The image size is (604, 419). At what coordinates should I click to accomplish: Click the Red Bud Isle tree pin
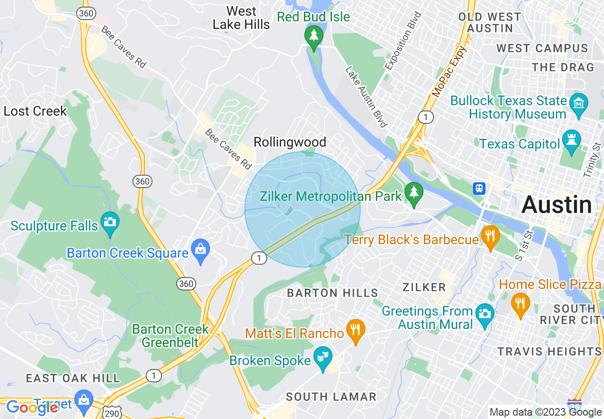[x=313, y=36]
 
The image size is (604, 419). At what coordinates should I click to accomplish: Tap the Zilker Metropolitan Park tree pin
[x=413, y=193]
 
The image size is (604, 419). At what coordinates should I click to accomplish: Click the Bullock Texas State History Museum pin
[x=579, y=102]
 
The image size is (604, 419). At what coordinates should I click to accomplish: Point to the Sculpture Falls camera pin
[x=110, y=222]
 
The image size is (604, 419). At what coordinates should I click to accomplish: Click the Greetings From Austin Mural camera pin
[x=484, y=314]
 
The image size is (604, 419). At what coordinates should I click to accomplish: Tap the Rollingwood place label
[x=290, y=142]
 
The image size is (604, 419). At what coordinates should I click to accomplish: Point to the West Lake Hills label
[x=241, y=18]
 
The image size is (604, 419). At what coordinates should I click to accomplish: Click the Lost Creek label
[x=35, y=111]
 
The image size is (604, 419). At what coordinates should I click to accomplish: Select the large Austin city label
[x=556, y=205]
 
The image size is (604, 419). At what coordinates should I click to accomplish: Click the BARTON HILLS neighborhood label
[x=332, y=293]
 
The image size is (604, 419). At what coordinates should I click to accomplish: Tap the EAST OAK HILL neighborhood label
[x=73, y=379]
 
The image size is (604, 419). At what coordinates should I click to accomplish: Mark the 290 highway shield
[x=113, y=413]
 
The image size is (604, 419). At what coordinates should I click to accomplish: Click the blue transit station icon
[x=479, y=189]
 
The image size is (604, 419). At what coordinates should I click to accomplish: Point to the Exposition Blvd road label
[x=403, y=42]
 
